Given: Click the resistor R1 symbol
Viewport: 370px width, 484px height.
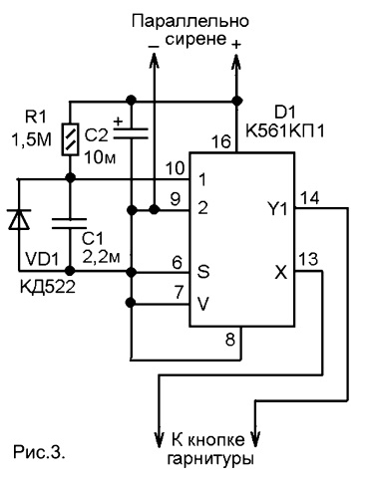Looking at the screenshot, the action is pos(70,139).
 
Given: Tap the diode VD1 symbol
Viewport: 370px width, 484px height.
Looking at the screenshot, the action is pos(19,219).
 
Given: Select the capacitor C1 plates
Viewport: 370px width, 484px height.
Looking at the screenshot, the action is pos(70,224).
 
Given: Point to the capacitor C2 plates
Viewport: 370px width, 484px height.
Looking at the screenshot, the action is pos(131,133).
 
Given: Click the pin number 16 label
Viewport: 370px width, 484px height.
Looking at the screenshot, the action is pos(221,141).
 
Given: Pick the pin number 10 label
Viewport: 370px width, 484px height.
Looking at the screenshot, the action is pos(175,168).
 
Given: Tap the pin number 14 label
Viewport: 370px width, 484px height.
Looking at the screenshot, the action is pos(309,198).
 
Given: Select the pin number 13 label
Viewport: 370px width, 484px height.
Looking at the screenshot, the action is pos(308,259).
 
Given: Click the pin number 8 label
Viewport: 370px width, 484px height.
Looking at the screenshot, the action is pos(230,340).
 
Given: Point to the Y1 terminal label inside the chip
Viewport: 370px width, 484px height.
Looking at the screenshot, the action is pos(277,209).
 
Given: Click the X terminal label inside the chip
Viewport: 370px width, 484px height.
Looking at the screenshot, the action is pos(281,273).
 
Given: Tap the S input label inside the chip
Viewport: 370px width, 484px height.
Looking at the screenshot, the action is pos(203,271).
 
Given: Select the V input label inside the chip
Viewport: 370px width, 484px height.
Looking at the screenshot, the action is pos(202,304).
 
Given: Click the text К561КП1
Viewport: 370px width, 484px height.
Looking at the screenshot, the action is pos(285,131).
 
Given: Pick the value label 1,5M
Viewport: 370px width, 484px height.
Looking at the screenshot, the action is pos(32,139).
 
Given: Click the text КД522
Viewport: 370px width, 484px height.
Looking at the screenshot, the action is pos(48,287).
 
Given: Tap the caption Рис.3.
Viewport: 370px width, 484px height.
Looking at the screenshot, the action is pos(39,452).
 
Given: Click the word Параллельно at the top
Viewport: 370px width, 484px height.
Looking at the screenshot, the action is pos(190,22).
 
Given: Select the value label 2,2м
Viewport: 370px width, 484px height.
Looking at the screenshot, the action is pos(101,257).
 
